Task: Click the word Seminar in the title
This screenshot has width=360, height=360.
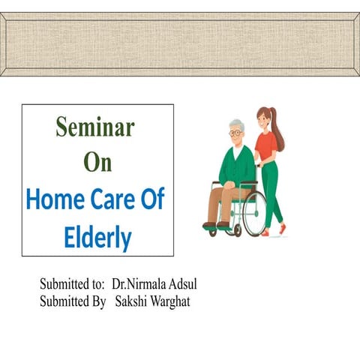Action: click(95, 127)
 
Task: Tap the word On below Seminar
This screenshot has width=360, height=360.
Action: click(97, 163)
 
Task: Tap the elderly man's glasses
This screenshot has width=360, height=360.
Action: click(235, 133)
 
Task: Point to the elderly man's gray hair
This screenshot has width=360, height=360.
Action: click(237, 124)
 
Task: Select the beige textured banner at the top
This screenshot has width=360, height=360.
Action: click(180, 43)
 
